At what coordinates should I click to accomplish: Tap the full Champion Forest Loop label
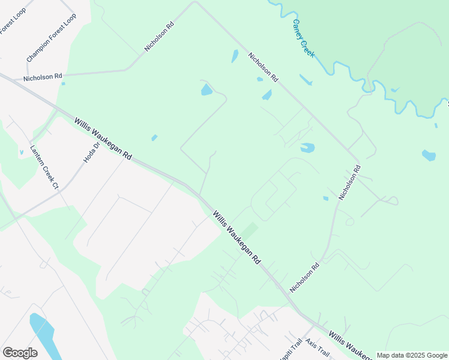coord(52,38)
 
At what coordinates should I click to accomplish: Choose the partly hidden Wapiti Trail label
coord(294,347)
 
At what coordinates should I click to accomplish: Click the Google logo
coord(20,352)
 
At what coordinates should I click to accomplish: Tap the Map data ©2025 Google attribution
coord(411,355)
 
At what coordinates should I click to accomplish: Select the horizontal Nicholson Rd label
coord(43,77)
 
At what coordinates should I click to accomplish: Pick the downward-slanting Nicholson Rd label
coord(264,66)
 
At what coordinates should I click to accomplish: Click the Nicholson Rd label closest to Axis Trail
coord(306,276)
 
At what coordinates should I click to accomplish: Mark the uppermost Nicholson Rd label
coord(159,37)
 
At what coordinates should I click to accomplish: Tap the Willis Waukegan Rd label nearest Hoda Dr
coord(103,138)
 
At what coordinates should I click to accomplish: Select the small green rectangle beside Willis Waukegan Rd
coord(250,230)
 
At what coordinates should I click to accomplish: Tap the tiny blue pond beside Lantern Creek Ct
coord(22,152)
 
